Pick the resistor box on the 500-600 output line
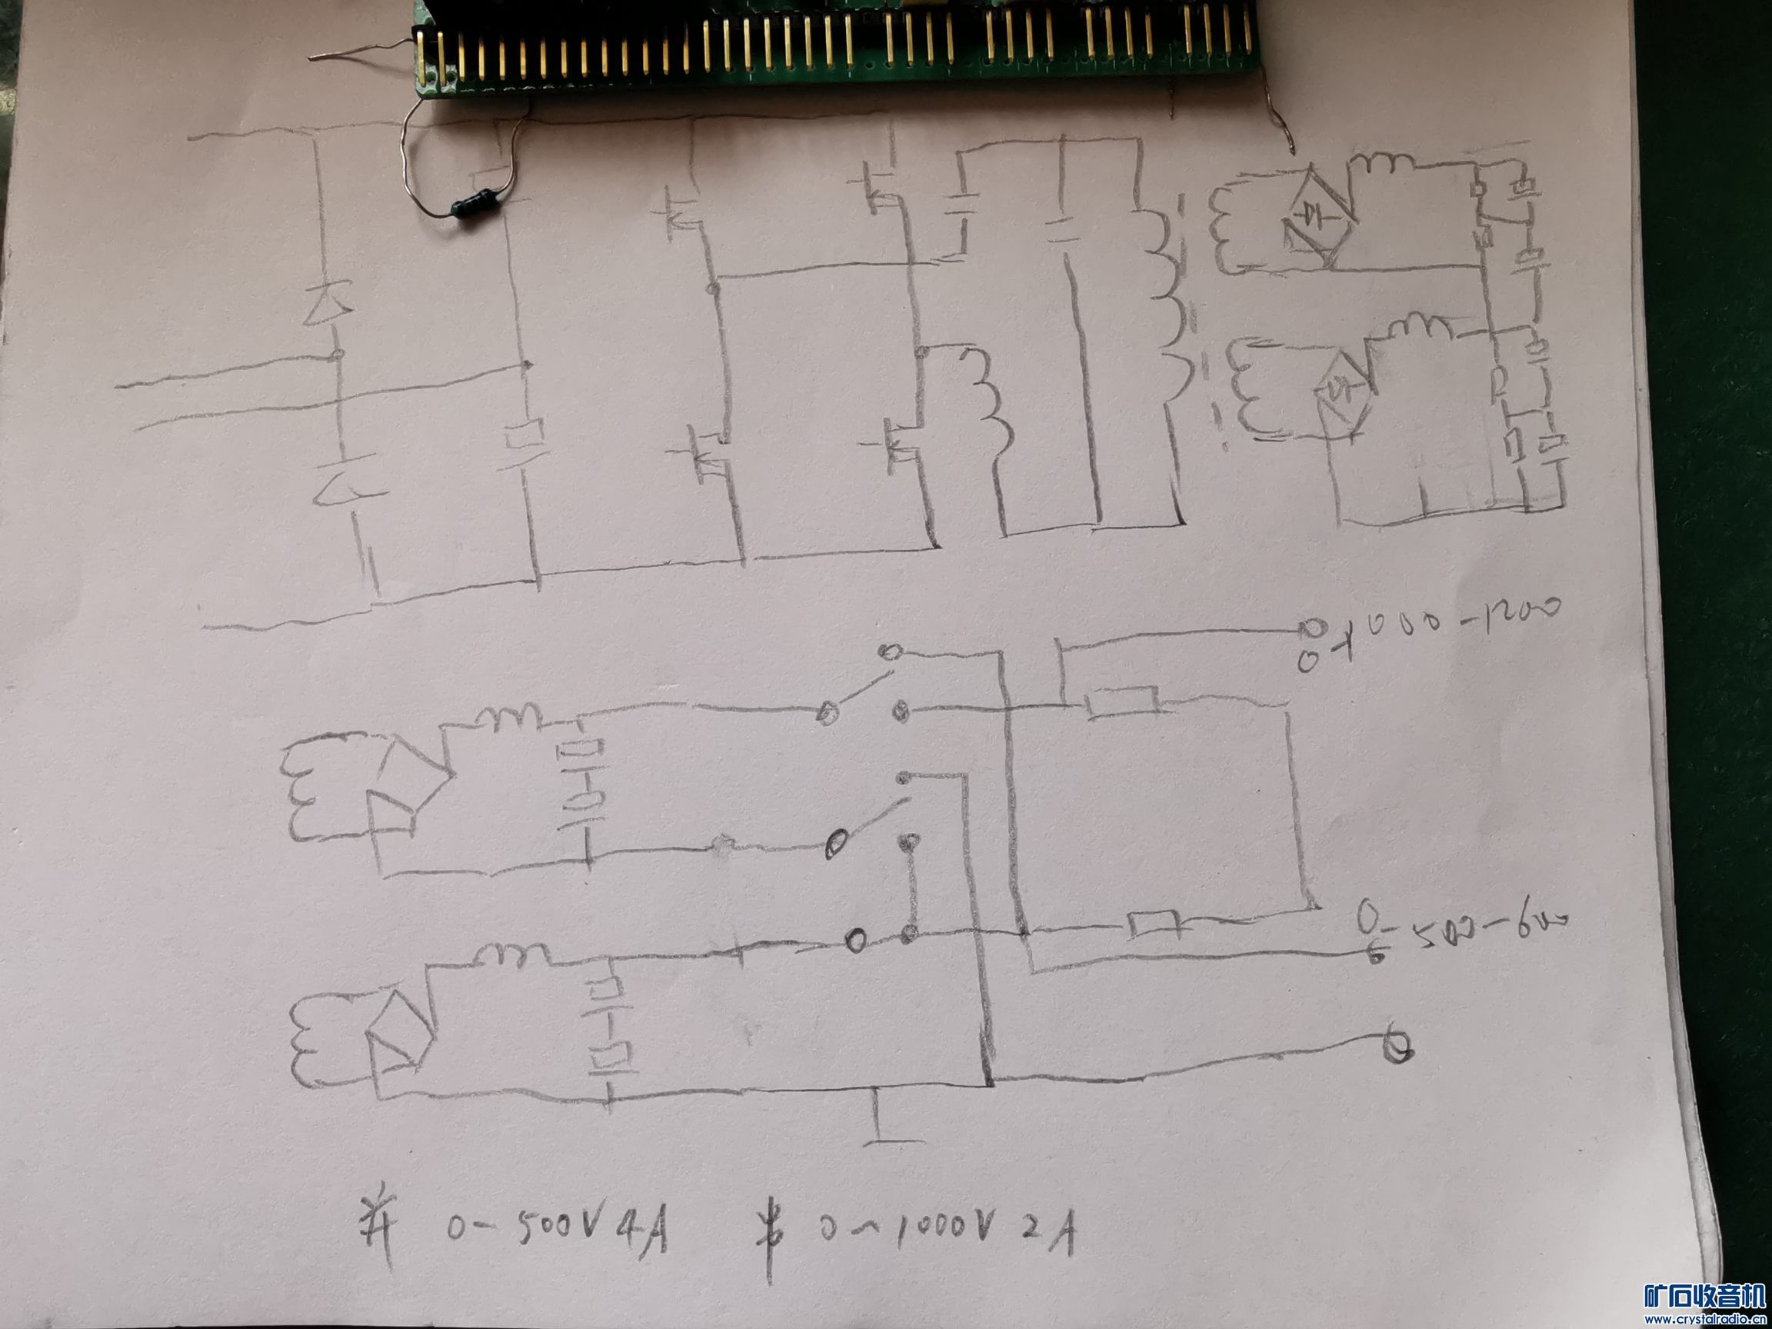point(1154,926)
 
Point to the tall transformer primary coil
point(1166,312)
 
